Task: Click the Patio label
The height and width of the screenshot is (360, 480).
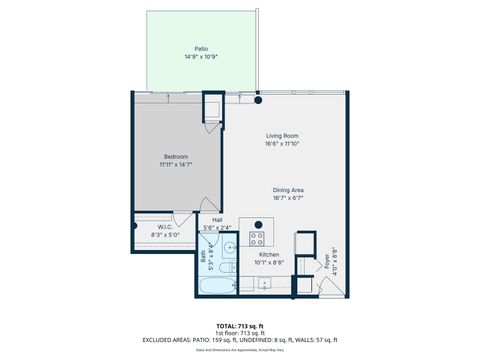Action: tap(200, 48)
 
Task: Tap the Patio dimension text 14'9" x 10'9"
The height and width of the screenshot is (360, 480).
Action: tap(200, 57)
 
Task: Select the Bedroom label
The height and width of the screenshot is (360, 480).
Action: tap(177, 156)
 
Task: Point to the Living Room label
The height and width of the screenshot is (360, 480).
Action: tap(283, 135)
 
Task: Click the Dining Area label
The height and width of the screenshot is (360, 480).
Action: tap(289, 190)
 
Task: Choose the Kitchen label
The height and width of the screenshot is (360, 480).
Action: tap(269, 254)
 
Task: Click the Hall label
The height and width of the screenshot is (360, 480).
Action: tap(217, 220)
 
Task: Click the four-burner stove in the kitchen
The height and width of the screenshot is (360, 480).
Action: tap(256, 238)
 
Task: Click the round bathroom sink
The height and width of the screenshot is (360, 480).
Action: tap(229, 246)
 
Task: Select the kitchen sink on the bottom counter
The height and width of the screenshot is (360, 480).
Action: tap(264, 283)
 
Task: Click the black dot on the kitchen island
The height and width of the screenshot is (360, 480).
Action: tap(258, 223)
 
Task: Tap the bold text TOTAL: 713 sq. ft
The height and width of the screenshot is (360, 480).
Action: tap(239, 326)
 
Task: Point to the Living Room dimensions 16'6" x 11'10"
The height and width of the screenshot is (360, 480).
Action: tap(283, 144)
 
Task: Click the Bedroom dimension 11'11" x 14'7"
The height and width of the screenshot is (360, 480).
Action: tap(177, 165)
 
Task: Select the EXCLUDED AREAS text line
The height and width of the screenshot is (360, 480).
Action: tap(239, 340)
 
